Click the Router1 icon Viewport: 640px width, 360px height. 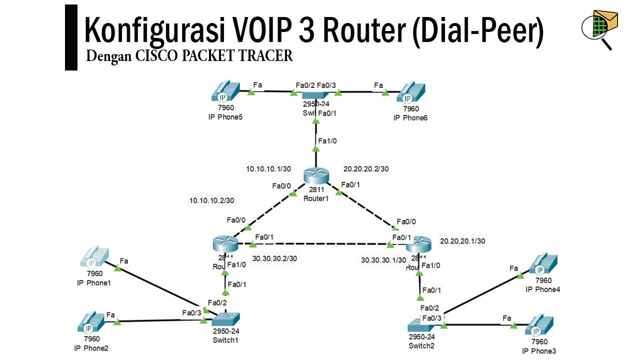tap(316, 176)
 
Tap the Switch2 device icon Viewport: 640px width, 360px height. tap(422, 324)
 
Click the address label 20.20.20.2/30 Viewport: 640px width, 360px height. tap(366, 168)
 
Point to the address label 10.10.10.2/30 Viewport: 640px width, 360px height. tap(211, 200)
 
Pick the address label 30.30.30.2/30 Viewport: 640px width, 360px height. tap(275, 258)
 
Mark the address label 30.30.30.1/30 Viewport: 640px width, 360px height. tap(384, 260)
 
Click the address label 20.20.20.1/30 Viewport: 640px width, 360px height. tap(462, 241)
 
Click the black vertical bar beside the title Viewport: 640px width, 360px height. tap(71, 37)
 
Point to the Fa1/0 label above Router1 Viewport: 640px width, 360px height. tap(327, 140)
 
